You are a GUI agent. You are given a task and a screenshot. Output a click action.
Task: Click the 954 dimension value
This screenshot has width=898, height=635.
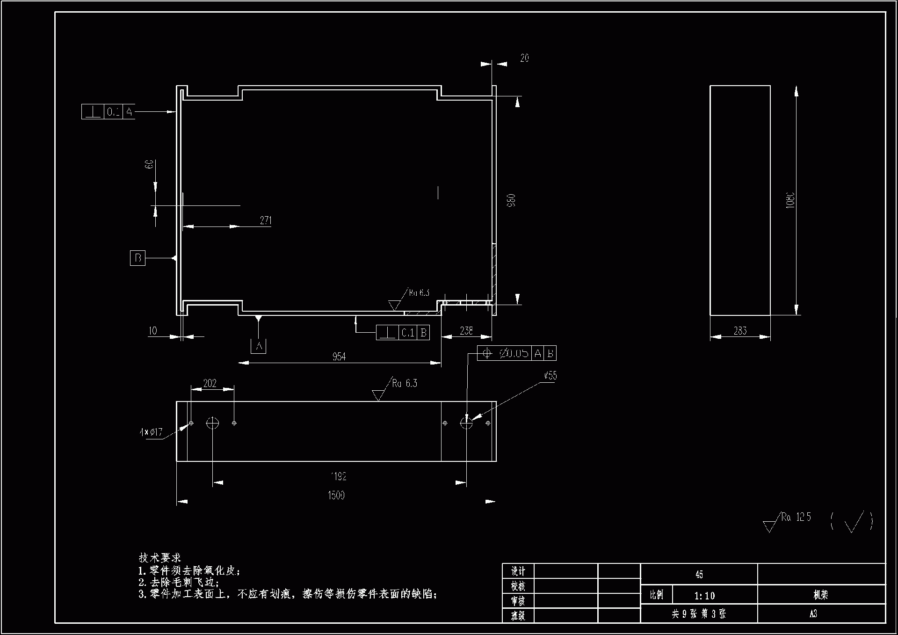point(339,357)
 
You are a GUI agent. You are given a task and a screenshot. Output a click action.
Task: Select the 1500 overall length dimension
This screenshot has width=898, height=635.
point(336,495)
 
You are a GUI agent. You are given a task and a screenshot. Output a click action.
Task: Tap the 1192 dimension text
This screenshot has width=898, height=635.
point(339,476)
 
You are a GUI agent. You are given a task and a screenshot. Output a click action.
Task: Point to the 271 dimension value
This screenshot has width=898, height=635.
point(266,220)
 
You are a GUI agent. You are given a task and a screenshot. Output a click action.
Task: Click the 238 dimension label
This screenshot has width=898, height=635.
point(466,331)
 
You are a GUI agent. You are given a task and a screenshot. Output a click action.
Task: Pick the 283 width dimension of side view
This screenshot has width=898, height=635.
point(740,331)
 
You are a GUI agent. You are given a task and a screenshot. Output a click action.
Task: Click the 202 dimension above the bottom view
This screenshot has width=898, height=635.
point(210,383)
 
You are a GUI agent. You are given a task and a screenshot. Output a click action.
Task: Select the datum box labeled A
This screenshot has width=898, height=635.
point(259,346)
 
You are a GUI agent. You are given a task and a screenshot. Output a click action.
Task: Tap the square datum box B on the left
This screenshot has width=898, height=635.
point(138,258)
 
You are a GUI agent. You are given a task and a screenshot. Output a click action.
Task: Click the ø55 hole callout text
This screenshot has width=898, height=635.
point(550,376)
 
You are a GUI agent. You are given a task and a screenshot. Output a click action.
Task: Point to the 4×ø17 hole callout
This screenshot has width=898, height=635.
point(151,432)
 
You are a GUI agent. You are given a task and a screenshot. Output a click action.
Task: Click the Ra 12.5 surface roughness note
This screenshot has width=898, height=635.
point(796,517)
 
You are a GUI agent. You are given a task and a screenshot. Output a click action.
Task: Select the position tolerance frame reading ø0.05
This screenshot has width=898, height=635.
point(516,353)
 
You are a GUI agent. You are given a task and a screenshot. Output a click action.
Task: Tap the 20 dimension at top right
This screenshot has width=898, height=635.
point(524,58)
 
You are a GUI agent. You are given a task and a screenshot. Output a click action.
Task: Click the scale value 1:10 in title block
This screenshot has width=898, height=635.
point(704,596)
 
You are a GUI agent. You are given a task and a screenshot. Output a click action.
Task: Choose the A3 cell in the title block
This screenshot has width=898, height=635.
point(813,613)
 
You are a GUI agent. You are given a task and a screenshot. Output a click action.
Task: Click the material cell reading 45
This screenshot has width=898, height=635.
point(699,574)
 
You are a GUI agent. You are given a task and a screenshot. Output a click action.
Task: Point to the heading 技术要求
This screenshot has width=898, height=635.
point(159,558)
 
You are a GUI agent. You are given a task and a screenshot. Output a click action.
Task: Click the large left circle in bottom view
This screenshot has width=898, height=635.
point(212,423)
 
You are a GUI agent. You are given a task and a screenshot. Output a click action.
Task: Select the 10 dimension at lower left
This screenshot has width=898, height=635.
point(152,331)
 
